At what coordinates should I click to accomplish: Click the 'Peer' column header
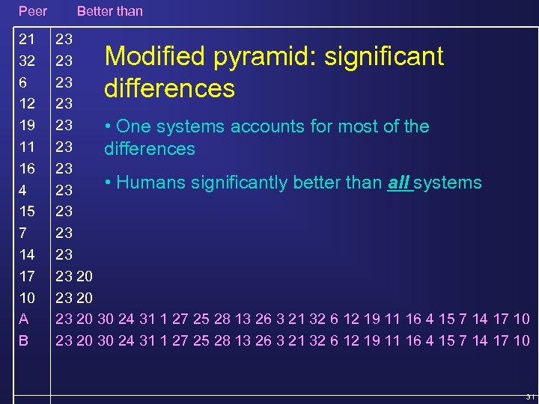33,11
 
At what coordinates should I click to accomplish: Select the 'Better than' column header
109,11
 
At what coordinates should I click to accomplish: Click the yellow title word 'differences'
169,89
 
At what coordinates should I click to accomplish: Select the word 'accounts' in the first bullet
265,126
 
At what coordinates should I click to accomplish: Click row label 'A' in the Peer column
24,319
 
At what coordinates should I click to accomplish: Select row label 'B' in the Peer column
24,340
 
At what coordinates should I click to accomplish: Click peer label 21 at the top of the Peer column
27,38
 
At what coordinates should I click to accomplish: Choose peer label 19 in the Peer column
27,125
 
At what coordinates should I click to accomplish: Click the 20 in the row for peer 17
85,277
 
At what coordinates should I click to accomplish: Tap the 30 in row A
106,319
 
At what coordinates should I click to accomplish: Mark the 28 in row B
222,340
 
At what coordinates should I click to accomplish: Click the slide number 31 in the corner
529,397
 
